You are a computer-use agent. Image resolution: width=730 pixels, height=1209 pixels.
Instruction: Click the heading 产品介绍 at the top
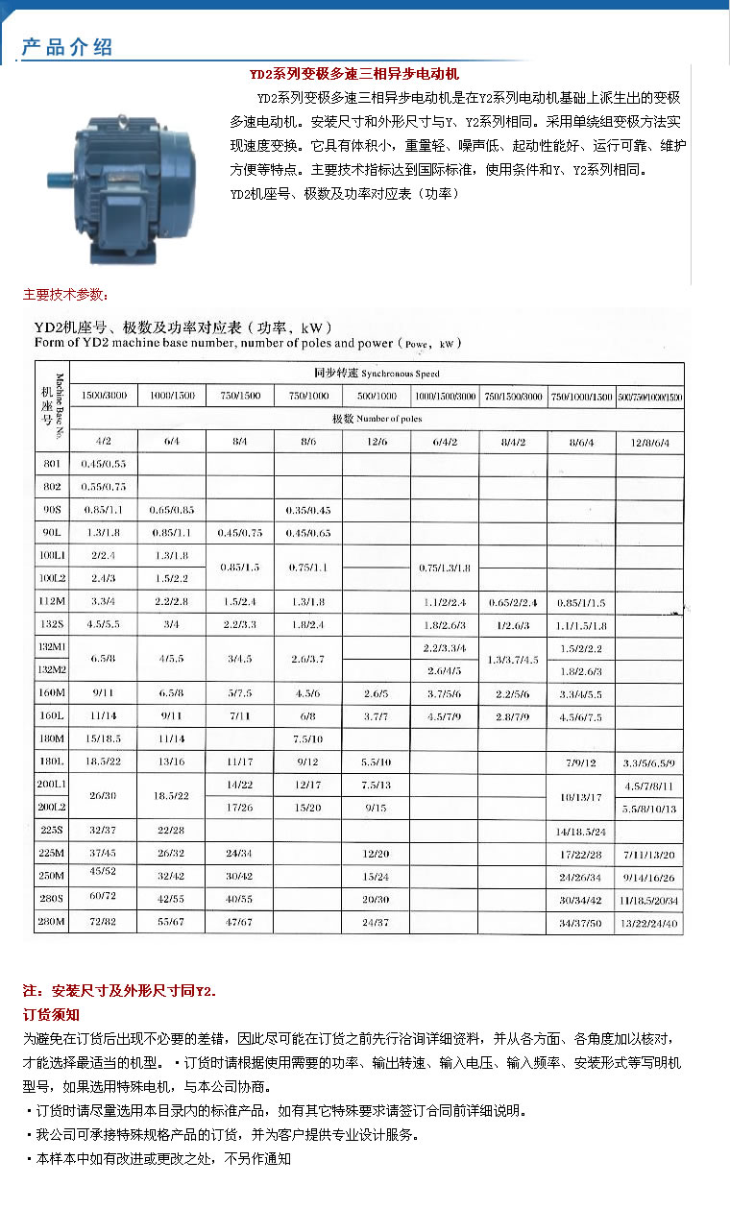click(x=67, y=47)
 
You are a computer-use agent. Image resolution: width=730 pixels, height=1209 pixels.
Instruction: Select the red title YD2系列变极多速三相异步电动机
click(x=353, y=73)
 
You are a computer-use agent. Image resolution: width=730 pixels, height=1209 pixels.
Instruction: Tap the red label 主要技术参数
click(x=65, y=294)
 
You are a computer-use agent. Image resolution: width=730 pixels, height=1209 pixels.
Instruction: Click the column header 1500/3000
click(x=104, y=396)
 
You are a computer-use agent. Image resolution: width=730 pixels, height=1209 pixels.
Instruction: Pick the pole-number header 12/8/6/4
click(x=649, y=443)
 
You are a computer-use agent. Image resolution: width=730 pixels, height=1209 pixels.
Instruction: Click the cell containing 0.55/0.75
click(x=104, y=487)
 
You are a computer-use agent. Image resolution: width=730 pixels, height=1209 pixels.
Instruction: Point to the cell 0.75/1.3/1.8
click(x=444, y=568)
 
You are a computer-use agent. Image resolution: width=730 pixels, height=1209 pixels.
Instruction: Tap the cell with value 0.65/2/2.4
click(x=513, y=603)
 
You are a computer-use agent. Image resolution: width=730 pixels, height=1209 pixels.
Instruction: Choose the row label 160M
click(x=52, y=693)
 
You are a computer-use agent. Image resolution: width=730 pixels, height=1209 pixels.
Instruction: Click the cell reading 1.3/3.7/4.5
click(x=513, y=660)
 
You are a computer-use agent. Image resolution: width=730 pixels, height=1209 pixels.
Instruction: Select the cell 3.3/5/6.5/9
click(x=649, y=763)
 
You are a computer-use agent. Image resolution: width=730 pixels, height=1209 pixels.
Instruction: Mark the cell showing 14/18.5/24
click(x=581, y=831)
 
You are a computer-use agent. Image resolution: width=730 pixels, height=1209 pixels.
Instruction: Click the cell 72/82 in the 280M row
click(x=104, y=922)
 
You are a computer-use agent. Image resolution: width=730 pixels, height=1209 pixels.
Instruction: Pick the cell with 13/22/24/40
click(x=649, y=922)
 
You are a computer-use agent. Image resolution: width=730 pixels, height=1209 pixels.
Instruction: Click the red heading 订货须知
click(x=51, y=1015)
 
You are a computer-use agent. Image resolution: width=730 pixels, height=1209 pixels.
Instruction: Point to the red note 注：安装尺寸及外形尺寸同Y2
click(x=120, y=990)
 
